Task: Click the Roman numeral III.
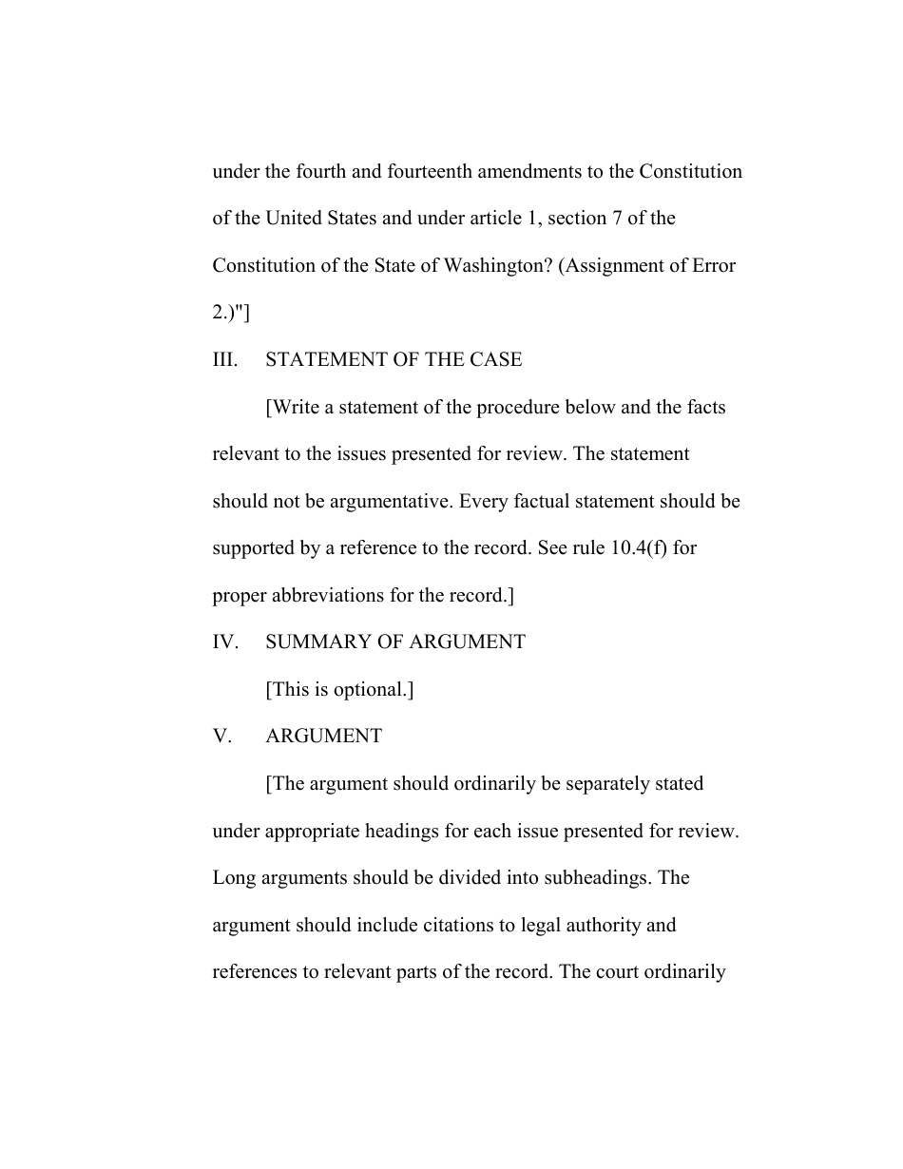(224, 359)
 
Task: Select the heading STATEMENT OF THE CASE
(394, 359)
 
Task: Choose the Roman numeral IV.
(224, 642)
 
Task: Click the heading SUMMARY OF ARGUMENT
(395, 642)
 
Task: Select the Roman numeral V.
(221, 737)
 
